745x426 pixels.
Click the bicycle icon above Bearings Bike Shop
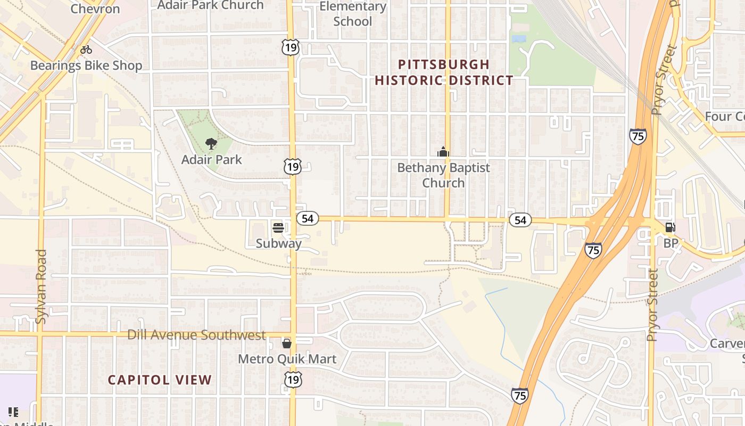[86, 50]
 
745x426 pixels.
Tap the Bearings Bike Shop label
[86, 65]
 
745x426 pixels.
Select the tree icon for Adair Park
[211, 143]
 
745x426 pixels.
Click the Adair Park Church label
[211, 5]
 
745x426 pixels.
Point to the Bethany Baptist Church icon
[443, 152]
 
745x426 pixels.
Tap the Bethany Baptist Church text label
[443, 175]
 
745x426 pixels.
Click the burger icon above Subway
[278, 228]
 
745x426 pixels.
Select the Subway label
[278, 243]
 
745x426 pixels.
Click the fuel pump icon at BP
[670, 228]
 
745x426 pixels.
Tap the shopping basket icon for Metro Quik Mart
[287, 343]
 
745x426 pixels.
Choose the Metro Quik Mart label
[287, 359]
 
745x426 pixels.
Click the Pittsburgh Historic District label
[444, 72]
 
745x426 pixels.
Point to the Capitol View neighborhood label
[160, 380]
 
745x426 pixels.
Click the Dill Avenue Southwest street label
[196, 335]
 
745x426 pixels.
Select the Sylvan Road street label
[41, 286]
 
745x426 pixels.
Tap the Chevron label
[95, 9]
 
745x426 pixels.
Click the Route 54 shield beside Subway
[307, 218]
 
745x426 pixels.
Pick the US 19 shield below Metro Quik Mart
[292, 379]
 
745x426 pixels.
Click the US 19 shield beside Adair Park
[292, 167]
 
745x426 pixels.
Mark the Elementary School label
[352, 14]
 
